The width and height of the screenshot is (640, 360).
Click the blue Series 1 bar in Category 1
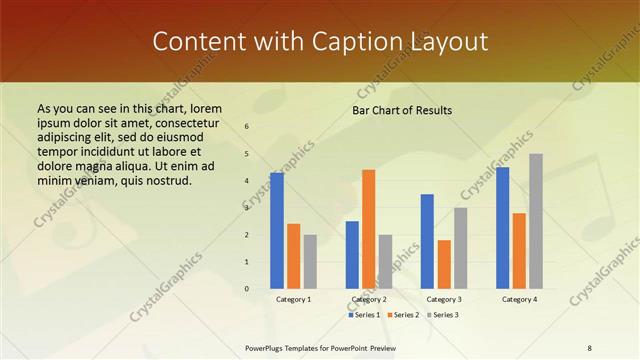pyautogui.click(x=276, y=231)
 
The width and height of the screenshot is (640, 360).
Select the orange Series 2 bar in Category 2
pyautogui.click(x=368, y=229)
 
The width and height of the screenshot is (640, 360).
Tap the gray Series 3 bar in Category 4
pyautogui.click(x=536, y=221)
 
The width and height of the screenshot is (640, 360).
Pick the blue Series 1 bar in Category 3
pyautogui.click(x=427, y=241)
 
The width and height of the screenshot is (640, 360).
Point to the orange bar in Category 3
pyautogui.click(x=444, y=264)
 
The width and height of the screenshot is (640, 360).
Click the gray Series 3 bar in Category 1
pyautogui.click(x=310, y=261)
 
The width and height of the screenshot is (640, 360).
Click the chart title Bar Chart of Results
pyautogui.click(x=402, y=110)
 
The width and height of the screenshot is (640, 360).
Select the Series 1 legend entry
pyautogui.click(x=363, y=315)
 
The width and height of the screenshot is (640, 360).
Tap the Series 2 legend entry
pyautogui.click(x=403, y=315)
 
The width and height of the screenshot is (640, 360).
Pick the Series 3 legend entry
pyautogui.click(x=443, y=315)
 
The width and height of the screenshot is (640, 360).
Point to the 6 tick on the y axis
pyautogui.click(x=247, y=127)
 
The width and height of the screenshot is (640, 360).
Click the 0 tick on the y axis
pyautogui.click(x=247, y=289)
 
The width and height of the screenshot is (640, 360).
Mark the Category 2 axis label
pyautogui.click(x=369, y=299)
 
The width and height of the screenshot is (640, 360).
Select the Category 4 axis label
pyautogui.click(x=519, y=299)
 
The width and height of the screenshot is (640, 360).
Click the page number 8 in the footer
pyautogui.click(x=589, y=347)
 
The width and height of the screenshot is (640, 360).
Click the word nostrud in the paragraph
pyautogui.click(x=163, y=181)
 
